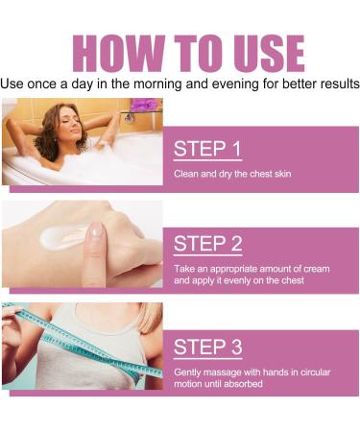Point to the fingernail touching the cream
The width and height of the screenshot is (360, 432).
click(x=95, y=230)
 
